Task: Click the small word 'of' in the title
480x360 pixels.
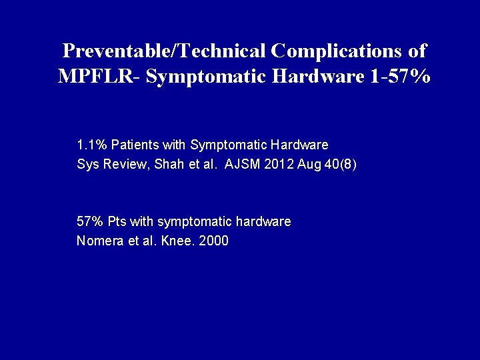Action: pos(417,51)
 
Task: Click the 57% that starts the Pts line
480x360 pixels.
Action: pos(90,221)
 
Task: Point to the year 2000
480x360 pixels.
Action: pos(213,241)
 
